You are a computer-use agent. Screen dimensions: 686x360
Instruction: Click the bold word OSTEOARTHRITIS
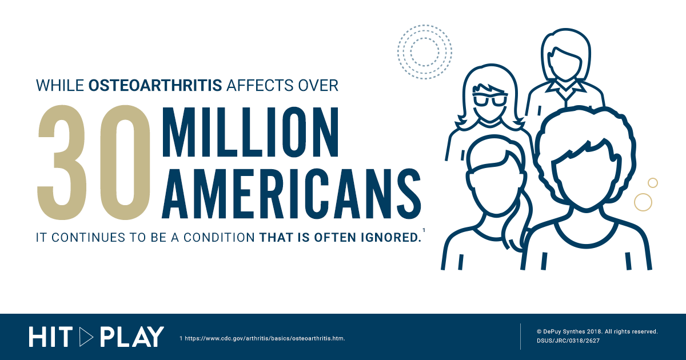click(155, 85)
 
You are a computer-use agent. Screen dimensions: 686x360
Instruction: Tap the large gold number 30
click(94, 162)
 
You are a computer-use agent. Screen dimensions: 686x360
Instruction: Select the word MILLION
click(250, 132)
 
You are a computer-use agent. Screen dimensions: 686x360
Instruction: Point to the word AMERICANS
click(292, 194)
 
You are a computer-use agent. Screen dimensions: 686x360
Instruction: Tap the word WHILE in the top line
click(60, 85)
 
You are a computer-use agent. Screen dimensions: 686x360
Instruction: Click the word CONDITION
click(220, 238)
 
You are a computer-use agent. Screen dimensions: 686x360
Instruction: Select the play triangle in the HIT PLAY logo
click(86, 337)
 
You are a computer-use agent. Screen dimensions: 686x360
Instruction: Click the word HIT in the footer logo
click(51, 337)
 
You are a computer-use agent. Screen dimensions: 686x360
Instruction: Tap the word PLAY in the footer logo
click(132, 337)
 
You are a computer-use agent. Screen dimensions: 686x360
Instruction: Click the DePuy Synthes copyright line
click(597, 331)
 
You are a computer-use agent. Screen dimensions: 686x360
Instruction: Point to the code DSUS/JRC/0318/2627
click(568, 341)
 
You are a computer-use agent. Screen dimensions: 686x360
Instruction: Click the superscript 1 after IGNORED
click(424, 230)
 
